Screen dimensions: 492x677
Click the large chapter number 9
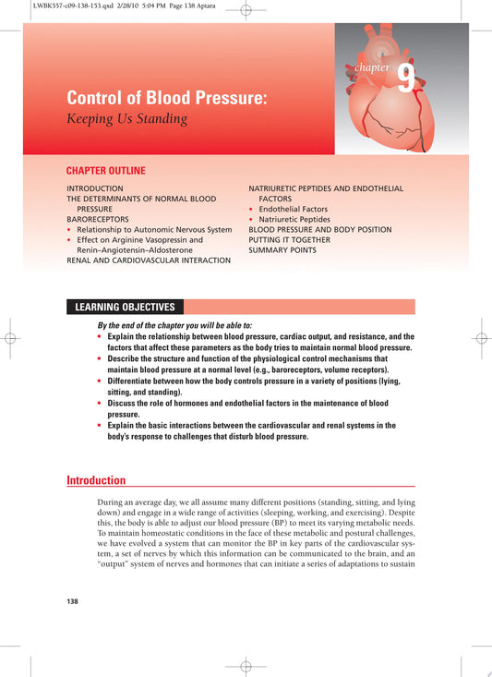pos(406,79)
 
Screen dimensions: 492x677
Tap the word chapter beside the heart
pos(372,67)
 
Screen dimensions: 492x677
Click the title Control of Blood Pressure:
pos(166,98)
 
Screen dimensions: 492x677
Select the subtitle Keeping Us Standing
pos(126,118)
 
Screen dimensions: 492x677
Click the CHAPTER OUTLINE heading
pos(105,171)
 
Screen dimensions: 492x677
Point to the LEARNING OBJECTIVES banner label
pos(124,308)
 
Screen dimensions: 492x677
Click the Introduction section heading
pos(96,480)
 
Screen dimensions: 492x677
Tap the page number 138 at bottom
pos(73,601)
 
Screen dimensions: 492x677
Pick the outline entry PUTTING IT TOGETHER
pos(294,239)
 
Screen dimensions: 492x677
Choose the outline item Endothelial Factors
pos(293,209)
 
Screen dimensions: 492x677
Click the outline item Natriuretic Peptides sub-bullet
pos(294,219)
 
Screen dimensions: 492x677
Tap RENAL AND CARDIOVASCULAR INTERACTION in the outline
pos(149,260)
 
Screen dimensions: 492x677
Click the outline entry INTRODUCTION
pos(94,187)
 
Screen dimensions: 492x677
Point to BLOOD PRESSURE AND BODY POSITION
pos(319,229)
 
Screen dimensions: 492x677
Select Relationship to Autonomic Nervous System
pos(154,229)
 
